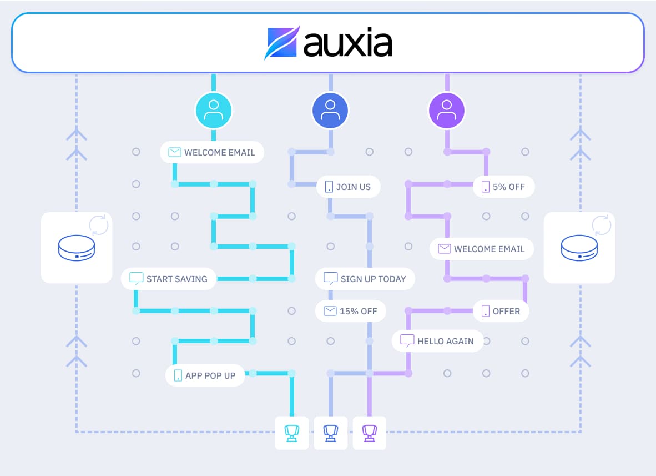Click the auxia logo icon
(282, 42)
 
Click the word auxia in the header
(347, 43)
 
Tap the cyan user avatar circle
(214, 111)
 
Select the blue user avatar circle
(330, 111)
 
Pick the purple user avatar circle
(447, 111)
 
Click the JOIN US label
(349, 187)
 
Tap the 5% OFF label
(503, 187)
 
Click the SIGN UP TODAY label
(365, 279)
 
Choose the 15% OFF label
(350, 311)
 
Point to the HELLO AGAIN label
(437, 341)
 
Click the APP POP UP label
(205, 375)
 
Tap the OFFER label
(501, 311)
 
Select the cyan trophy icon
(292, 433)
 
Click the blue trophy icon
(331, 433)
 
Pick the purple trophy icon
(370, 433)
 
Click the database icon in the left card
(77, 248)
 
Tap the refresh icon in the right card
(601, 226)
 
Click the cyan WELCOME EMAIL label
(212, 152)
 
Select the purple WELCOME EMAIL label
(482, 249)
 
